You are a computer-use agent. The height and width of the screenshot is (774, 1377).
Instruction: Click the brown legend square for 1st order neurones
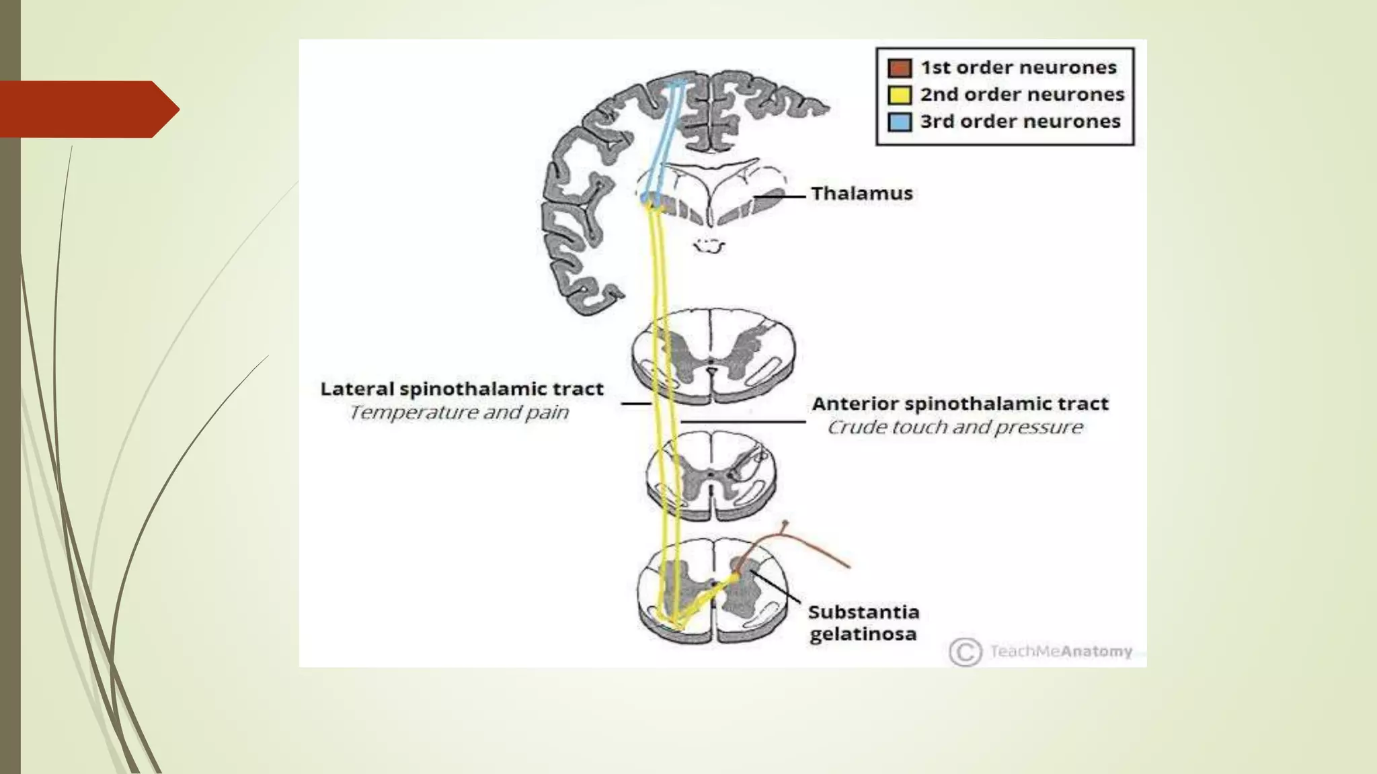pyautogui.click(x=900, y=68)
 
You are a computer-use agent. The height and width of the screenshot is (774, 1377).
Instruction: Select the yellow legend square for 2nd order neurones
pyautogui.click(x=900, y=95)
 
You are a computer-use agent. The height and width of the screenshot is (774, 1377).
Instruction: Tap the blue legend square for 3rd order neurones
pyautogui.click(x=900, y=122)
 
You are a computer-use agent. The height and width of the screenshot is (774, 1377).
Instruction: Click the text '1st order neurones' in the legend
pyautogui.click(x=1018, y=68)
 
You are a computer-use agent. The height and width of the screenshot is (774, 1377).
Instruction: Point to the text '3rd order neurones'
pyautogui.click(x=1020, y=122)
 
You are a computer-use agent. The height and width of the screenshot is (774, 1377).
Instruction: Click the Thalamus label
pyautogui.click(x=861, y=193)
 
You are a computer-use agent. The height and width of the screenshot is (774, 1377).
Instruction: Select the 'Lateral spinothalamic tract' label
pyautogui.click(x=462, y=389)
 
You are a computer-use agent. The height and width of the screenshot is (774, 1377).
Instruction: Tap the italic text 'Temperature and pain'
pyautogui.click(x=459, y=412)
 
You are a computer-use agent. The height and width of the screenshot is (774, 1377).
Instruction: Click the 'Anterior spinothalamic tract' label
pyautogui.click(x=959, y=404)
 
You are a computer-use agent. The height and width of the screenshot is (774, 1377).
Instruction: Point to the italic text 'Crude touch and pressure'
pyautogui.click(x=955, y=427)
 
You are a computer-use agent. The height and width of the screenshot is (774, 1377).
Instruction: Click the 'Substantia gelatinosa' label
pyautogui.click(x=863, y=623)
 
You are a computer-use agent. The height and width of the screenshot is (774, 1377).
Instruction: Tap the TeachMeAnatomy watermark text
pyautogui.click(x=1061, y=651)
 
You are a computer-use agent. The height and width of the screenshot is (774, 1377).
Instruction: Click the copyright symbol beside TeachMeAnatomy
pyautogui.click(x=965, y=652)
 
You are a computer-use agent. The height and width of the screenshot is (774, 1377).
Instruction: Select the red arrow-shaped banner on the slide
pyautogui.click(x=87, y=109)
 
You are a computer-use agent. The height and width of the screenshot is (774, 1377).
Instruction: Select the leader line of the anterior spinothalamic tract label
pyautogui.click(x=743, y=422)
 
